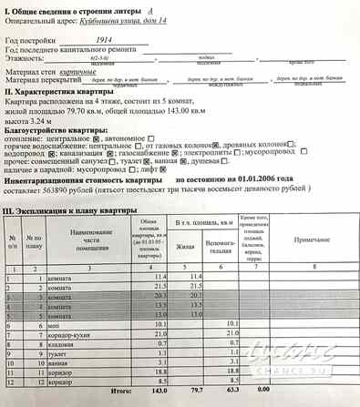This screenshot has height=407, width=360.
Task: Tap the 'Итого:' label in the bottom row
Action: click(x=122, y=388)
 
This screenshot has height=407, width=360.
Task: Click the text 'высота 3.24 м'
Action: click(x=28, y=118)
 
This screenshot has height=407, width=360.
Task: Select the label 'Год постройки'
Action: click(x=30, y=42)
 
